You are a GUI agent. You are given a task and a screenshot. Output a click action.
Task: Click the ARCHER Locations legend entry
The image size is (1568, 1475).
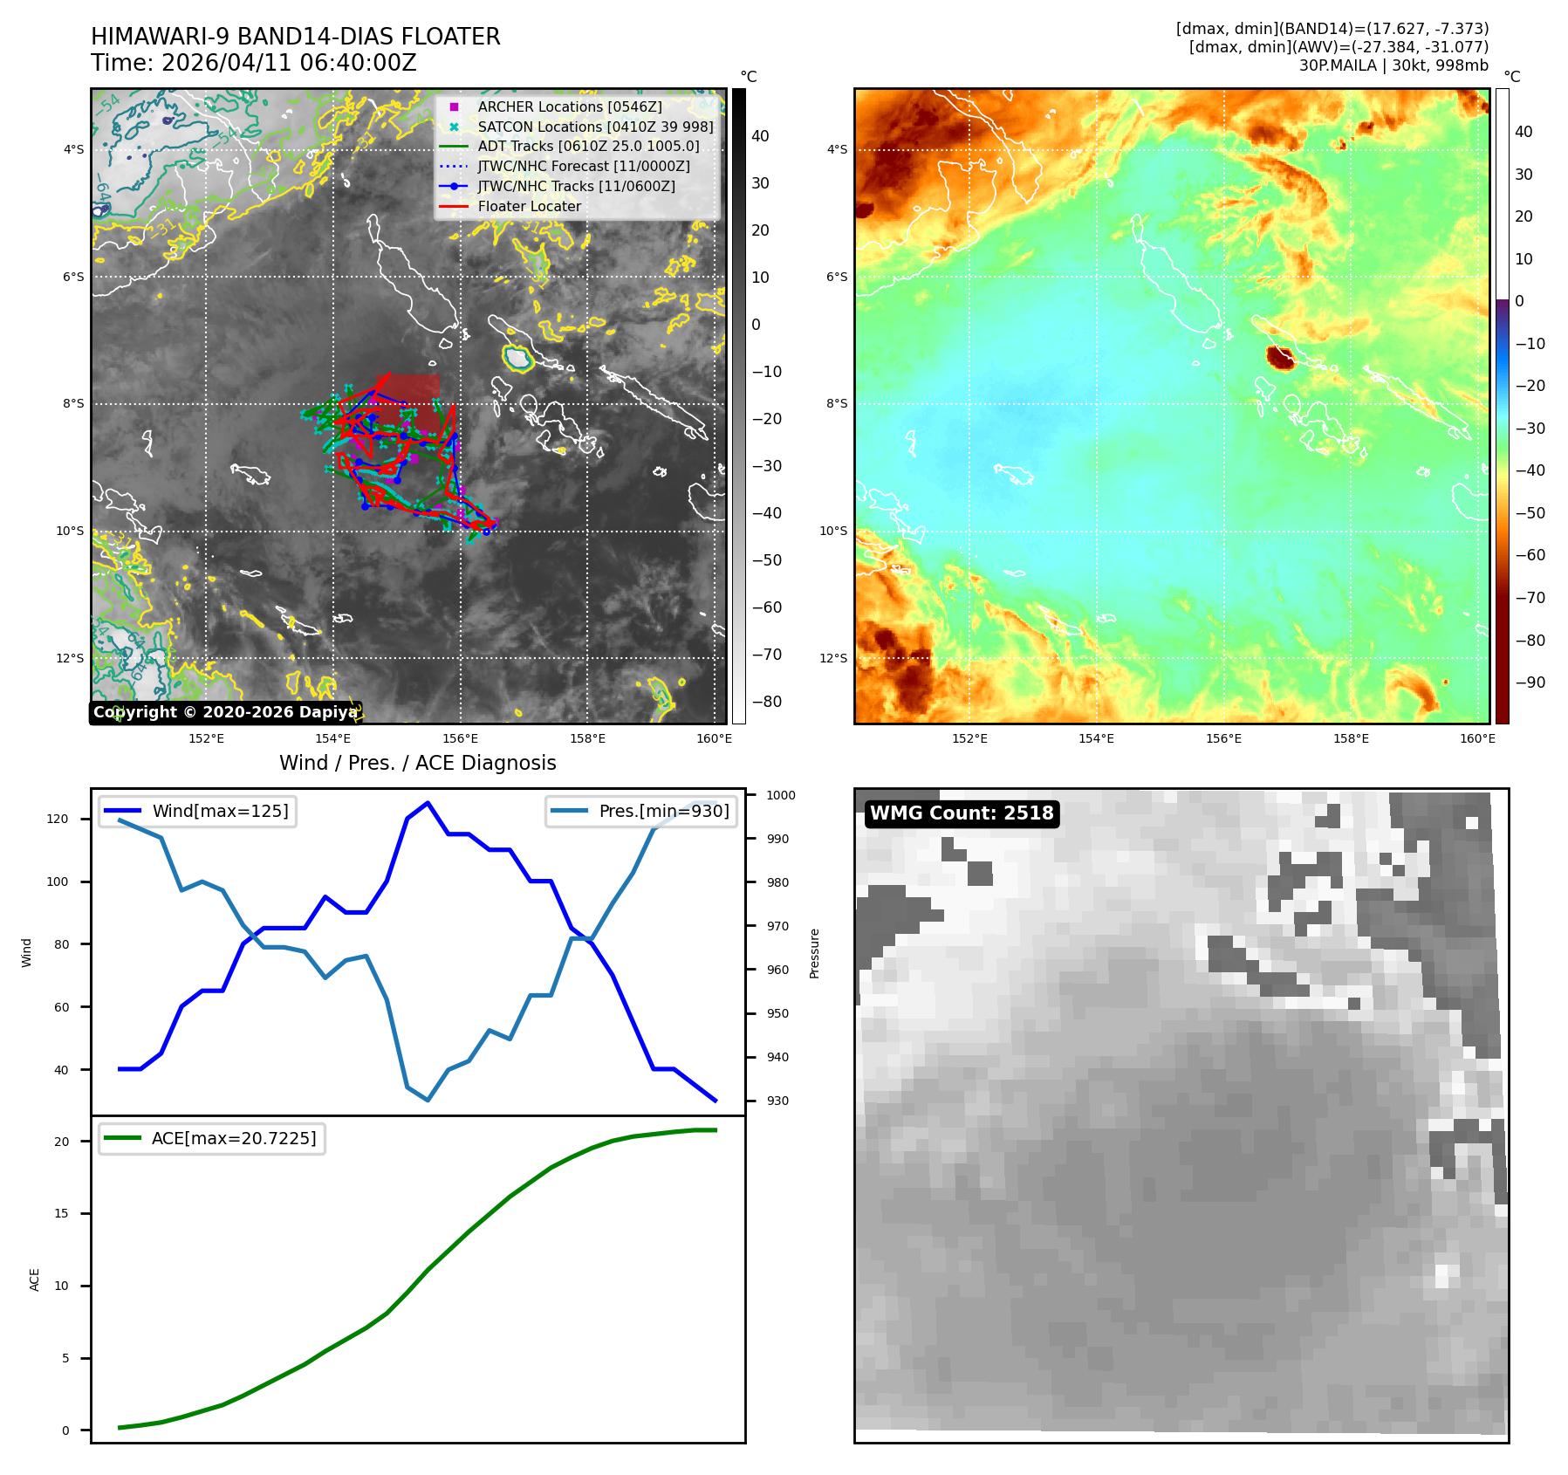click(x=569, y=106)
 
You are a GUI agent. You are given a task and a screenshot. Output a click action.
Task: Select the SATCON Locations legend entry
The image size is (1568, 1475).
click(x=595, y=127)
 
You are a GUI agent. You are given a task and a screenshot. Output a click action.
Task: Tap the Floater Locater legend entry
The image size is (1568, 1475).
click(x=529, y=206)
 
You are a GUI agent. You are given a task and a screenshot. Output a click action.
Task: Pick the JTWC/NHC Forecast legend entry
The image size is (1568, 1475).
click(x=583, y=166)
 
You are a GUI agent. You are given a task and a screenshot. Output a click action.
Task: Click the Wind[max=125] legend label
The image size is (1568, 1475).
click(x=220, y=811)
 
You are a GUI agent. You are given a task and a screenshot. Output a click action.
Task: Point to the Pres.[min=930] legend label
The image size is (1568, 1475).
click(x=663, y=811)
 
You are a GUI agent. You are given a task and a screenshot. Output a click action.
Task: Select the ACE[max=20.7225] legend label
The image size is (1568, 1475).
click(x=234, y=1138)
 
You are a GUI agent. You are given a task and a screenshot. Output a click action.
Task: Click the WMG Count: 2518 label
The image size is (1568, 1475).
click(x=962, y=813)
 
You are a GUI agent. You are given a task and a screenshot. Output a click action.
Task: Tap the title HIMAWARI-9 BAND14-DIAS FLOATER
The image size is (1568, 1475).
click(x=296, y=37)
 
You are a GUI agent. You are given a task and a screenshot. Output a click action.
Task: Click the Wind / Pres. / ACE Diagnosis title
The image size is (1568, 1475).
click(x=417, y=763)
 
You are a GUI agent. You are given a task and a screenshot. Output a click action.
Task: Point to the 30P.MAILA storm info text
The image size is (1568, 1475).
click(x=1393, y=65)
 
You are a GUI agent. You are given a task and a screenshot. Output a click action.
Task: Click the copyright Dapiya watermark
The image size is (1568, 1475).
click(x=225, y=712)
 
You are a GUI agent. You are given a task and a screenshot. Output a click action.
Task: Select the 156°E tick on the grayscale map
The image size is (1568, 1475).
click(x=460, y=738)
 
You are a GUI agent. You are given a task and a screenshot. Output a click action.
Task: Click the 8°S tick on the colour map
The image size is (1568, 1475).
click(x=837, y=403)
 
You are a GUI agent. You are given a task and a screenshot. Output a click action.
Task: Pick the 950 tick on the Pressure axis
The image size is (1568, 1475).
click(x=777, y=1013)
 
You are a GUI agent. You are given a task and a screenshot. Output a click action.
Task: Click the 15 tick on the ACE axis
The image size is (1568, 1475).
click(x=61, y=1213)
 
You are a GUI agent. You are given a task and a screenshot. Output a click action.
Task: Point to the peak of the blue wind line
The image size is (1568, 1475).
click(x=428, y=802)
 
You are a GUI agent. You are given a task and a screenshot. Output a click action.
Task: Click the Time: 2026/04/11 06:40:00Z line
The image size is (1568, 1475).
click(x=254, y=63)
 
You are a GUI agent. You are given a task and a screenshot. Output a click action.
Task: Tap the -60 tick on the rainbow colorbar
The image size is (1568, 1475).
click(x=1530, y=555)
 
